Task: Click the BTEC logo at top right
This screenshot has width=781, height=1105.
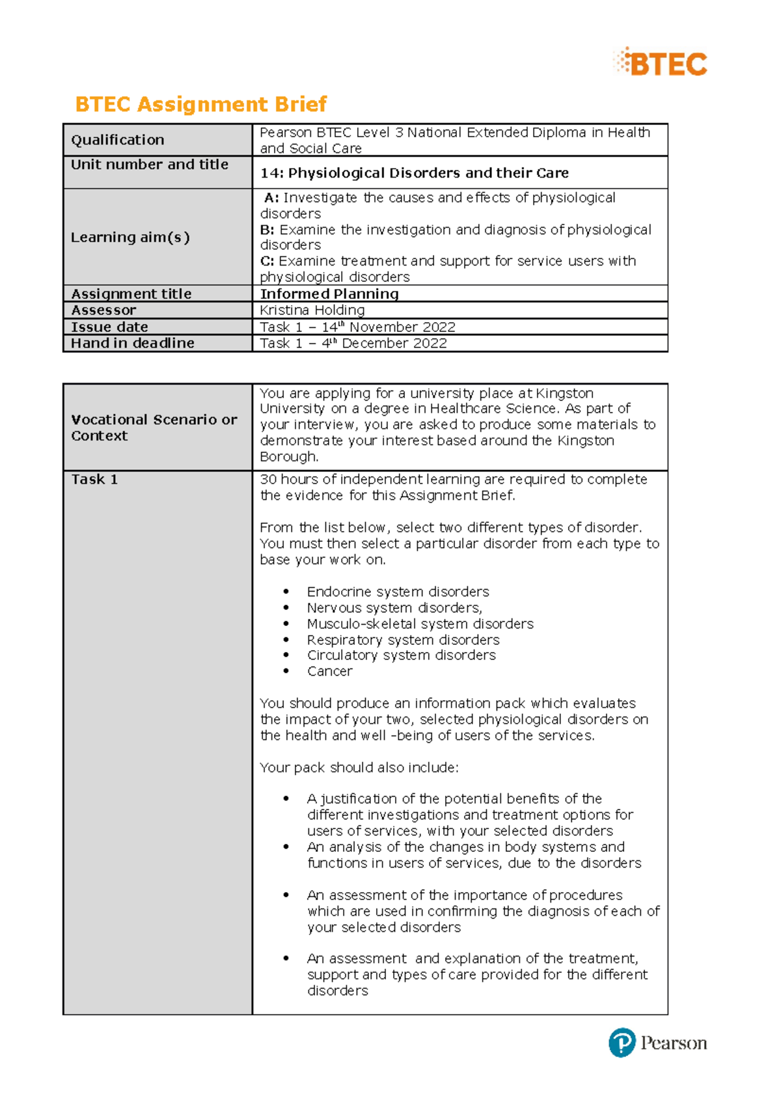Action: click(x=661, y=63)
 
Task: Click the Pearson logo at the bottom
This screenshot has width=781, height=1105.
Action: click(x=657, y=1043)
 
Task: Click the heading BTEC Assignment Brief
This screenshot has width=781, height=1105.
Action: click(x=200, y=104)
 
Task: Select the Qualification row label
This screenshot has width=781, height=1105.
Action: click(x=118, y=140)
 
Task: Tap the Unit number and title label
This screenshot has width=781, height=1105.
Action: click(x=150, y=165)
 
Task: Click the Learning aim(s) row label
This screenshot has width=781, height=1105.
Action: click(x=130, y=238)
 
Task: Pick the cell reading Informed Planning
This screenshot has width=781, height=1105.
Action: click(x=329, y=294)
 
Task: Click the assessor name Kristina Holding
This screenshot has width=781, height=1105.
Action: click(x=312, y=310)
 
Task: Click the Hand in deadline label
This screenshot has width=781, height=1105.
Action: click(x=133, y=343)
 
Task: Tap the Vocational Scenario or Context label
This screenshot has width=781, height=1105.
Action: click(x=154, y=428)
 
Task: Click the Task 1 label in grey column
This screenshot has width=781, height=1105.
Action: click(x=94, y=480)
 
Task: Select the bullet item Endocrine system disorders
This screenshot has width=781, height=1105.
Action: click(x=398, y=592)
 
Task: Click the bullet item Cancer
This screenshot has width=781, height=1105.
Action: click(x=329, y=671)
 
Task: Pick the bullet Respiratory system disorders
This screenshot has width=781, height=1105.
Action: click(x=403, y=640)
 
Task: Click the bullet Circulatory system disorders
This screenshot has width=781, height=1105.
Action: click(x=401, y=655)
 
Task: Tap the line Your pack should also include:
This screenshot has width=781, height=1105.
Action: click(x=359, y=768)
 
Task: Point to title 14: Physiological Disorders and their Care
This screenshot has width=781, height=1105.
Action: click(x=414, y=173)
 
